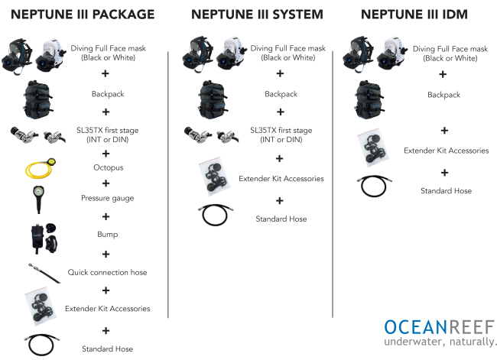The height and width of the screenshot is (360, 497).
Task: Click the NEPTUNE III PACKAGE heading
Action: (83, 15)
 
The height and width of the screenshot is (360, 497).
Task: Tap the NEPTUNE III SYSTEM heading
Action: (257, 15)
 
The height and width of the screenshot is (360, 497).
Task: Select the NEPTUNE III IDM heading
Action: (414, 15)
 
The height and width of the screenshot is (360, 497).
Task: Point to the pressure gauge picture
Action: (38, 199)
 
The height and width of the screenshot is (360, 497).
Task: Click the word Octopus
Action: (109, 167)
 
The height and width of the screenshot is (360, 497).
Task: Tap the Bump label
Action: (108, 234)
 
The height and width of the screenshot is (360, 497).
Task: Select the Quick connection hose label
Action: (108, 272)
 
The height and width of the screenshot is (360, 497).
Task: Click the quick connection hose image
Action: (44, 273)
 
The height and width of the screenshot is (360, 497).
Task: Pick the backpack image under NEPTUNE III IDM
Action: (369, 99)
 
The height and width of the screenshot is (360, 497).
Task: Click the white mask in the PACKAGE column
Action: (50, 55)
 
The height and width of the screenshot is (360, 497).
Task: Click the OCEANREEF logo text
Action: (440, 327)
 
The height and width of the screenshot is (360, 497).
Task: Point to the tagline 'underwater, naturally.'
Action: (440, 342)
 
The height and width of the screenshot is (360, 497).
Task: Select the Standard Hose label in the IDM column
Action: (446, 191)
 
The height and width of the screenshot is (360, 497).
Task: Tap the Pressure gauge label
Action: (108, 198)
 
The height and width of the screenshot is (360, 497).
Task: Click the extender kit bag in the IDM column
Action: (373, 148)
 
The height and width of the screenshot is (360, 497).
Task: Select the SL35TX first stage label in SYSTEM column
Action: (281, 135)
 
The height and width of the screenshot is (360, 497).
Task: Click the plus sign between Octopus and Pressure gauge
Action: (106, 183)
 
